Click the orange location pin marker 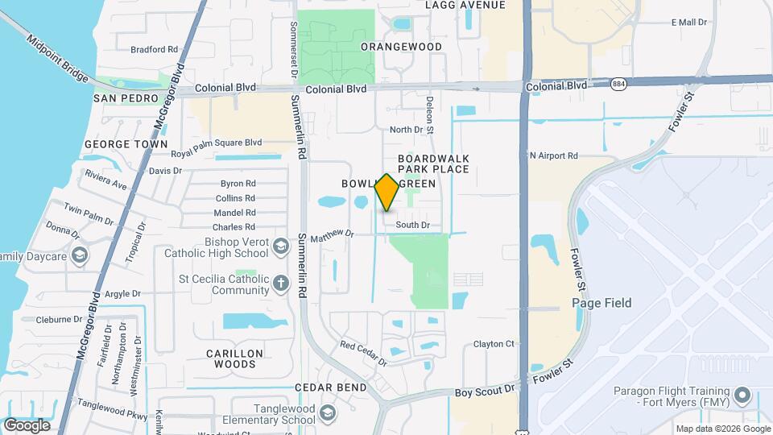(387, 193)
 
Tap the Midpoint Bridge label (57, 58)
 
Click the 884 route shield (619, 84)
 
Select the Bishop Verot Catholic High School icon (281, 245)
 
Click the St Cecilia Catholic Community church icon (280, 283)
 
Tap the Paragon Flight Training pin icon (743, 396)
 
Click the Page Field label (601, 303)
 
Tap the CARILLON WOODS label (234, 359)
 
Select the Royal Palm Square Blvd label (217, 143)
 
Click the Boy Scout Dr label (485, 390)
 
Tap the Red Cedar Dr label (363, 354)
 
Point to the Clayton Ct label (494, 344)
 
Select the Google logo (27, 425)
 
